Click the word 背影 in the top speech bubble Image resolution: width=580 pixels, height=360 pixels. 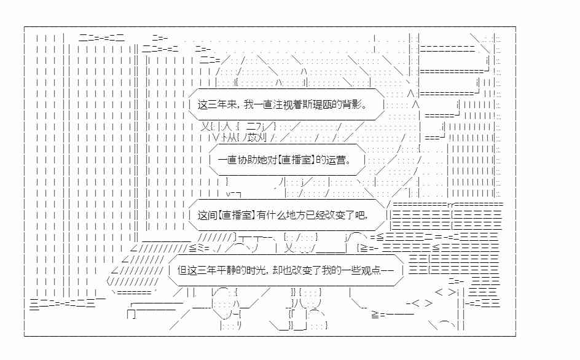pos(351,105)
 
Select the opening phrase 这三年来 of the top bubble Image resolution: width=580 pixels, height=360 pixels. pos(217,105)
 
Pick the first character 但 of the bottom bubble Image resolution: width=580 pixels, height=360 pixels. pos(182,270)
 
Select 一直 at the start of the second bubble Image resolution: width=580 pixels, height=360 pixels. pos(227,160)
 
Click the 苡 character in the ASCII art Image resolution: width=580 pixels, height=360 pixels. pos(253,138)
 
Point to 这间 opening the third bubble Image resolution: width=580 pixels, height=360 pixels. pos(207,215)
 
